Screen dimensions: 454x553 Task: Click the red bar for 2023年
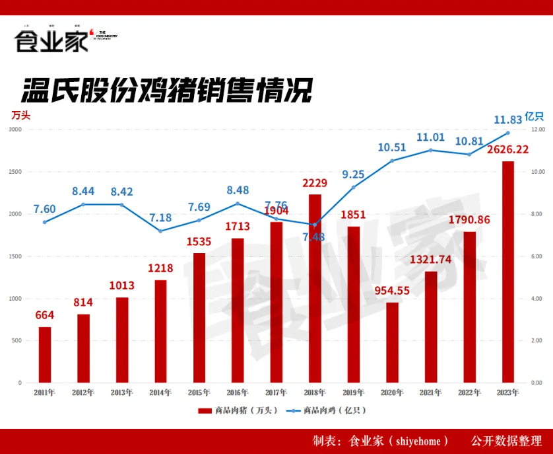tap(507, 272)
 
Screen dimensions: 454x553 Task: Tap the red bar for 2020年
tap(392, 342)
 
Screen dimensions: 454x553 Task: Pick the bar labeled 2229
tap(315, 288)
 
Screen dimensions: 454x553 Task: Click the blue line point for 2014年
tap(160, 231)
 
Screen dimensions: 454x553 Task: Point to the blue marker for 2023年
tap(507, 133)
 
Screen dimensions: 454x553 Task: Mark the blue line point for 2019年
tap(354, 187)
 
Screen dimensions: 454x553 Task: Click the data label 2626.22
tap(508, 149)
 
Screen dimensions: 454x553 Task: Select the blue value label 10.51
tap(391, 147)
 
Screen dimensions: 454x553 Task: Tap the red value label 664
tap(45, 315)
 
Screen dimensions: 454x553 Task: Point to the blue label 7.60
tap(45, 209)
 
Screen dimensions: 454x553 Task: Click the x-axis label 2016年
tap(238, 393)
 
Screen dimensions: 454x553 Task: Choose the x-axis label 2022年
tap(469, 393)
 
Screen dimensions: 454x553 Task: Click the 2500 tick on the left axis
tap(15, 172)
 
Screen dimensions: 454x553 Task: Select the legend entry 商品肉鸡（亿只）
tap(327, 410)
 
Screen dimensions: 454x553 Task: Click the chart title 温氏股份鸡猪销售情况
tap(166, 91)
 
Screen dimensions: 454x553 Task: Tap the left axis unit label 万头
tap(20, 114)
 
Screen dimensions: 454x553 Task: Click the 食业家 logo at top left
tap(51, 41)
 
